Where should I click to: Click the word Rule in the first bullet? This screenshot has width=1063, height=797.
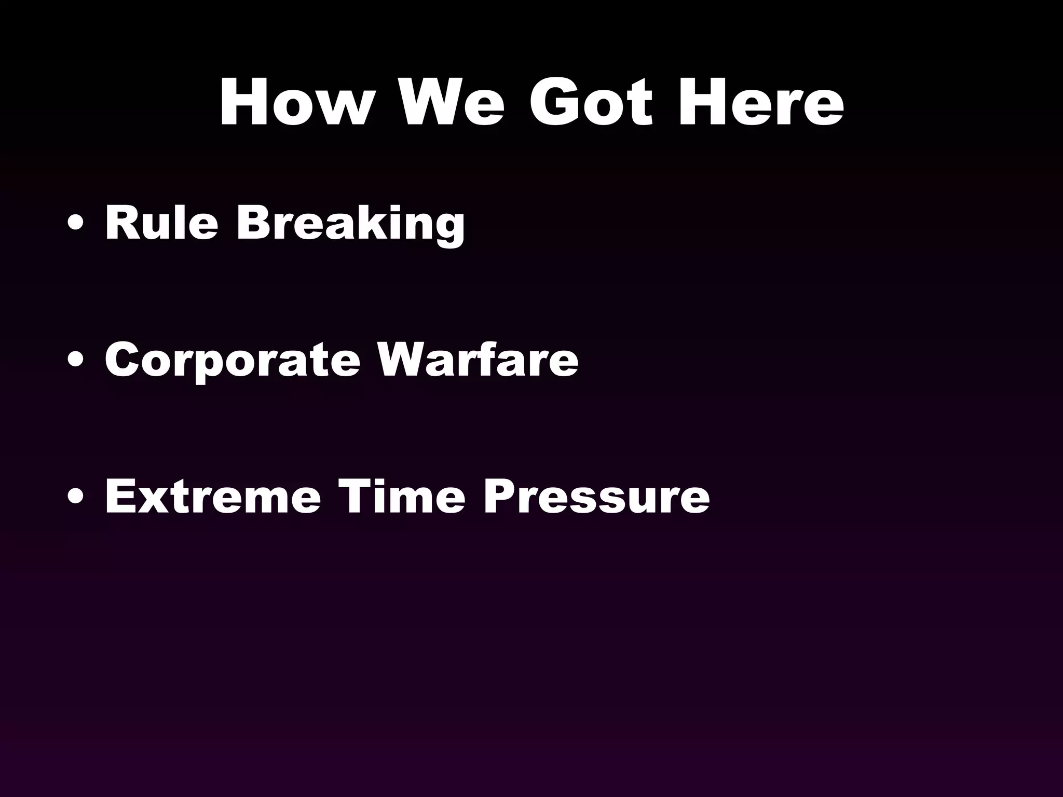pos(161,223)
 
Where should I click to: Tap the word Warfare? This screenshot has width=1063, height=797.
pos(478,359)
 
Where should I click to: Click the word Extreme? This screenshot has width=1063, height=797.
pos(213,496)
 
